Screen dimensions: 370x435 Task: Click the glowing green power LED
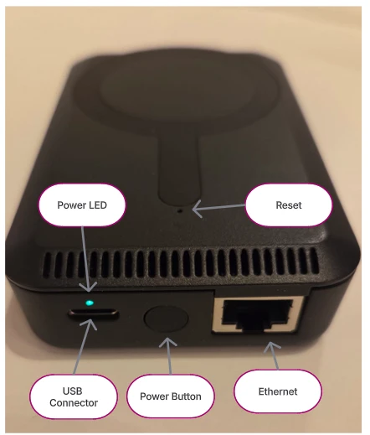(90, 303)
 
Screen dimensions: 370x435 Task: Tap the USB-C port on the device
(94, 314)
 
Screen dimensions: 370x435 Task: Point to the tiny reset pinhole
(180, 211)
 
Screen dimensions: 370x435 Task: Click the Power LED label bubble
(82, 205)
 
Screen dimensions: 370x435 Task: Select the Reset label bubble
(289, 205)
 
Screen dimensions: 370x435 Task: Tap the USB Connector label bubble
(74, 396)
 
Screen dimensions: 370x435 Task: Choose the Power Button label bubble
(171, 396)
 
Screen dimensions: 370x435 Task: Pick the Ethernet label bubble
(278, 391)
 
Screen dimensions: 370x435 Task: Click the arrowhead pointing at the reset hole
(197, 209)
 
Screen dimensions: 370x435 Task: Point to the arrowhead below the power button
(168, 342)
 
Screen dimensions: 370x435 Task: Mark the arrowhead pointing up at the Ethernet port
(271, 346)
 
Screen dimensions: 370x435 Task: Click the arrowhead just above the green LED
(89, 287)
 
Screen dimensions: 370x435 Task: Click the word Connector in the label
(74, 403)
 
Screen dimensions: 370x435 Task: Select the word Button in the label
(186, 396)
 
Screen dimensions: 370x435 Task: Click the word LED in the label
(97, 205)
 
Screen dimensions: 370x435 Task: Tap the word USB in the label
(73, 391)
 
